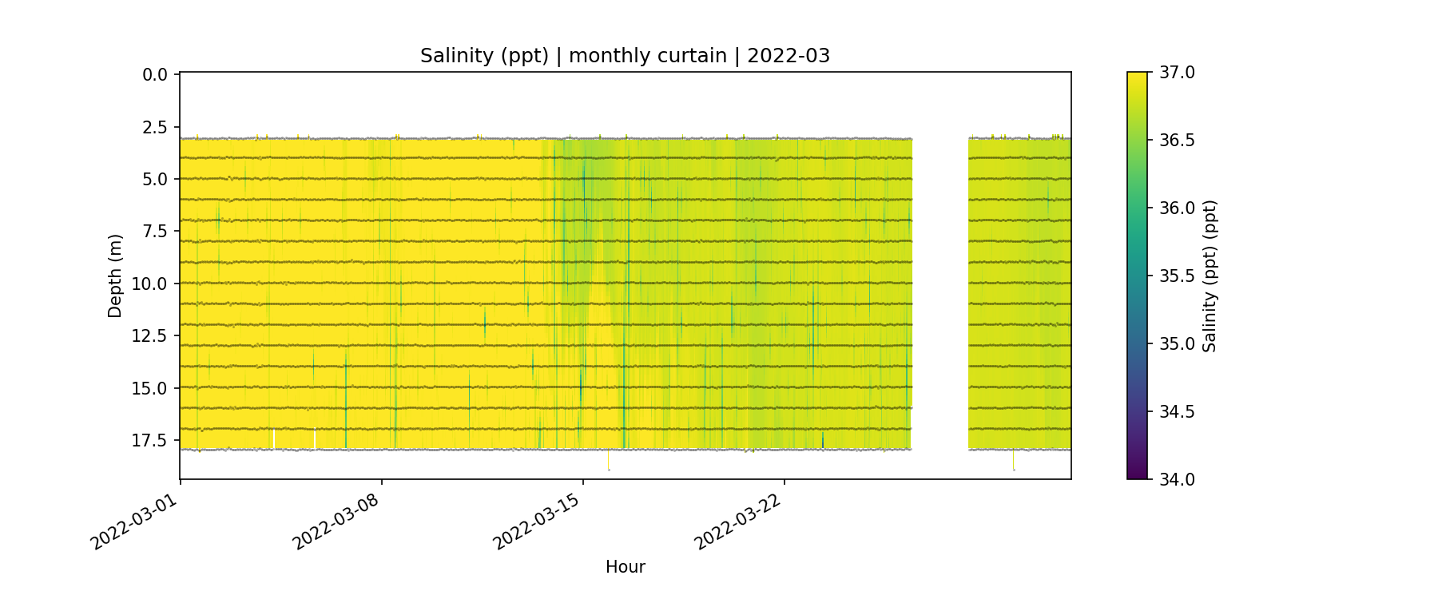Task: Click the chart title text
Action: (625, 56)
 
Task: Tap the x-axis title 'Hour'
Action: (625, 567)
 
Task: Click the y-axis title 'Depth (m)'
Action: (115, 276)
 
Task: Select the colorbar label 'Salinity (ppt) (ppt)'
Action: (1210, 276)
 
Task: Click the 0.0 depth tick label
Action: (155, 75)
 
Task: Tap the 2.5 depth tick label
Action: (155, 127)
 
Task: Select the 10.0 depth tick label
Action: (151, 284)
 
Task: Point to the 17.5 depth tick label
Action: (151, 440)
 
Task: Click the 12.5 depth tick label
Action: (151, 335)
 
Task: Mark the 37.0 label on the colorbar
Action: (1177, 73)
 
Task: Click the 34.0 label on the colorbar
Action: (1177, 479)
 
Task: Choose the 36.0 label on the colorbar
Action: (1177, 208)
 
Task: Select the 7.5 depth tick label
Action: (155, 231)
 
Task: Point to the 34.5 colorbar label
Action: (1177, 411)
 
